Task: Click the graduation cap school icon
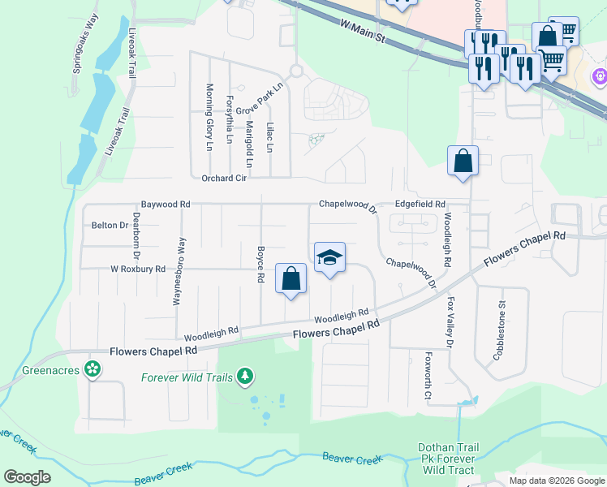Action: point(329,258)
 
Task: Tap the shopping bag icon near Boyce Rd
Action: point(291,279)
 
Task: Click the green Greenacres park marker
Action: point(93,369)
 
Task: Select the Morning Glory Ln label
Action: point(209,117)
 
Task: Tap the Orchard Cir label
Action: point(223,178)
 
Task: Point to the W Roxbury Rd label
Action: point(138,269)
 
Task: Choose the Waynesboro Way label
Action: point(177,271)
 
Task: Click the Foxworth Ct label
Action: point(428,375)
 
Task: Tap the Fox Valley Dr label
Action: point(451,321)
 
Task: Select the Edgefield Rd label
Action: point(420,205)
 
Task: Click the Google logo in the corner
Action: point(28,477)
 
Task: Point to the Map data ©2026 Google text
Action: point(557,481)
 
